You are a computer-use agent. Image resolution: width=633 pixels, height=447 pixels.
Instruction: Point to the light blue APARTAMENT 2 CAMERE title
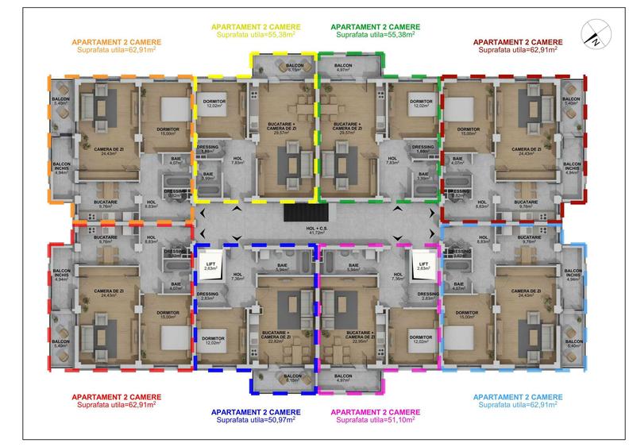click(518, 396)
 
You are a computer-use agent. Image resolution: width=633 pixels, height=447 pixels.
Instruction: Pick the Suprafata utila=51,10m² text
click(376, 418)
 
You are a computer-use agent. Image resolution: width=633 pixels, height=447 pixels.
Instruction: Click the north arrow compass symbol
click(592, 34)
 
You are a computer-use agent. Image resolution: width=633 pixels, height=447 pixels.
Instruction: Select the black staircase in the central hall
click(306, 213)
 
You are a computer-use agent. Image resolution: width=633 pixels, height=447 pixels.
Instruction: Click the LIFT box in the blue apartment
click(210, 266)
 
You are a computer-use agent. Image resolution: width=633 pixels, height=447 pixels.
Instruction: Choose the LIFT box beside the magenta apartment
click(423, 266)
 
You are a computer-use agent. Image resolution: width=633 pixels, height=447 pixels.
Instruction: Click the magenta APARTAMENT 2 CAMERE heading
click(376, 410)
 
